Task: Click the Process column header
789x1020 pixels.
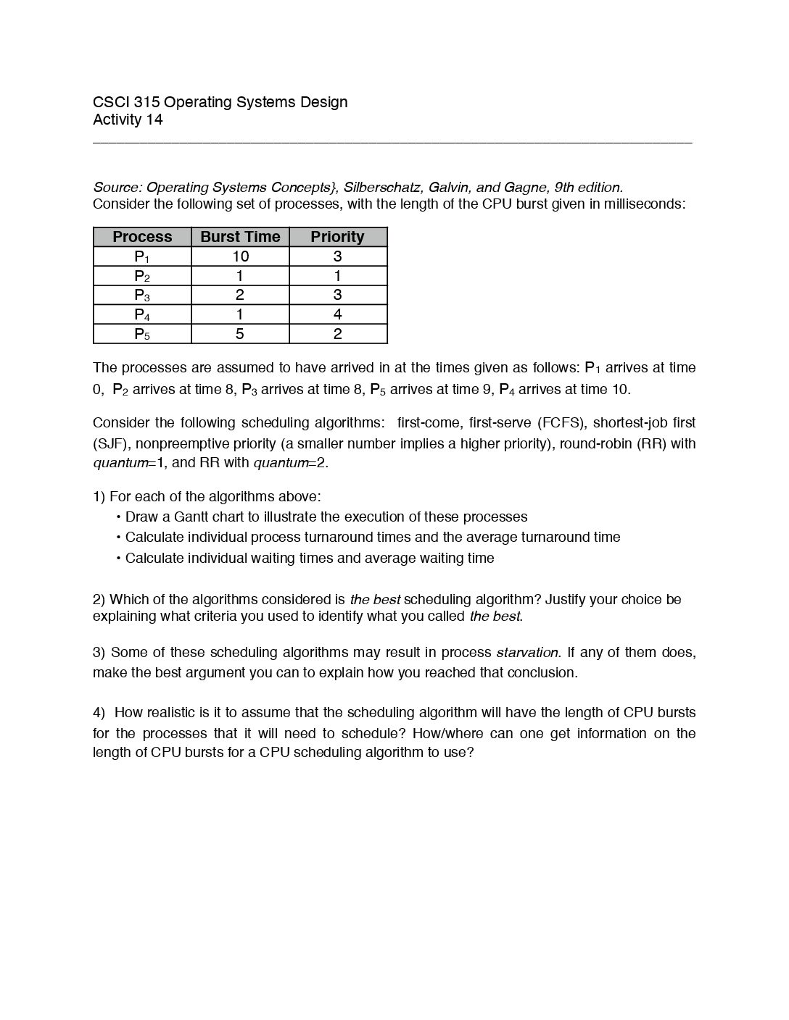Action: [142, 237]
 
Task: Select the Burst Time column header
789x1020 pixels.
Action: [240, 237]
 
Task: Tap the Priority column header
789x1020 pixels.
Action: [337, 237]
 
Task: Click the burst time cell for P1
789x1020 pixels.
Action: [240, 256]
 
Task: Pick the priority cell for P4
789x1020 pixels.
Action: [337, 314]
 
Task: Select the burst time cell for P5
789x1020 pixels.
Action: [240, 334]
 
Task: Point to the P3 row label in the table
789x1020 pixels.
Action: [142, 296]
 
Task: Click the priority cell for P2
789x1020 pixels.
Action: [337, 276]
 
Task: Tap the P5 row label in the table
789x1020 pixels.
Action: [142, 334]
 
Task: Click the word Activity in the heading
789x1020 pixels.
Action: [117, 120]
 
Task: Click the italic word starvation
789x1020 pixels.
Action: [528, 653]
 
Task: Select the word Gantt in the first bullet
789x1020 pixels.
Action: [191, 517]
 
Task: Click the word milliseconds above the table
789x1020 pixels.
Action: [641, 204]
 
